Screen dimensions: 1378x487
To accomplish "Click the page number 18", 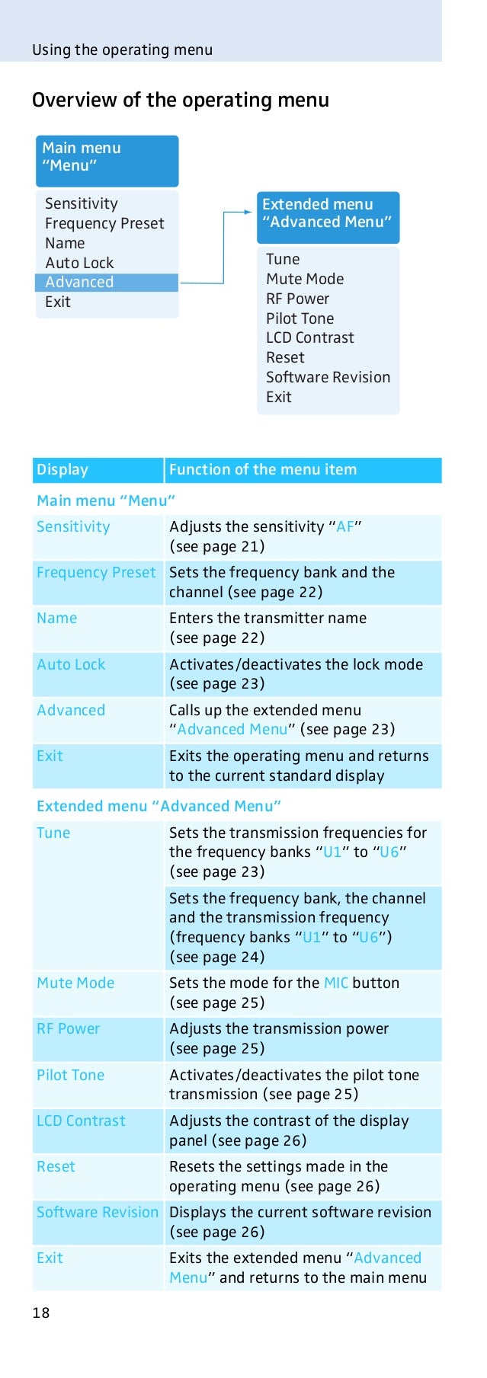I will pos(41,1312).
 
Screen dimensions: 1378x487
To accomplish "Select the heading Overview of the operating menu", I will pos(181,101).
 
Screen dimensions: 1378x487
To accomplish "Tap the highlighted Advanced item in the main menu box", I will pos(79,283).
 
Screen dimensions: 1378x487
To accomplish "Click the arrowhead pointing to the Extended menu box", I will pos(248,212).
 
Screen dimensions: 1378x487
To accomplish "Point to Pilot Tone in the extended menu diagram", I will pos(300,318).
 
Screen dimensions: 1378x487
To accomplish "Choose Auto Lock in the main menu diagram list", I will pos(79,263).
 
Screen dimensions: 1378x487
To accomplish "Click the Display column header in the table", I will pos(62,470).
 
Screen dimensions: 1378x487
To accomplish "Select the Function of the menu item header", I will pos(263,470).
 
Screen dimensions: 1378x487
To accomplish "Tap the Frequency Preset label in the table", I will pos(96,573).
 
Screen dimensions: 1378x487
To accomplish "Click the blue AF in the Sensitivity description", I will pos(345,527).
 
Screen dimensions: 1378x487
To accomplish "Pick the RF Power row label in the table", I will pos(69,1029).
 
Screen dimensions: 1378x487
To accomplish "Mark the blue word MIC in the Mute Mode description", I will pos(336,983).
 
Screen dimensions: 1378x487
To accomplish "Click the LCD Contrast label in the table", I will pos(81,1121).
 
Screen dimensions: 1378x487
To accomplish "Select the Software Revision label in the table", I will pos(98,1213).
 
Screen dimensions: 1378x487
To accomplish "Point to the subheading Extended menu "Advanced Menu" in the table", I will pos(159,806).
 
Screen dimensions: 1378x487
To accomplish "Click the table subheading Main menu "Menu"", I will pos(106,500).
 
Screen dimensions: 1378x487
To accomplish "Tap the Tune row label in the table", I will pos(53,833).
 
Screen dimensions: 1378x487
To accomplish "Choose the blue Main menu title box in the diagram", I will pos(107,161).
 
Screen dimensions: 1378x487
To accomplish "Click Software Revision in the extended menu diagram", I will pos(328,377).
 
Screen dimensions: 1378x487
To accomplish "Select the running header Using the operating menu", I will pos(122,50).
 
